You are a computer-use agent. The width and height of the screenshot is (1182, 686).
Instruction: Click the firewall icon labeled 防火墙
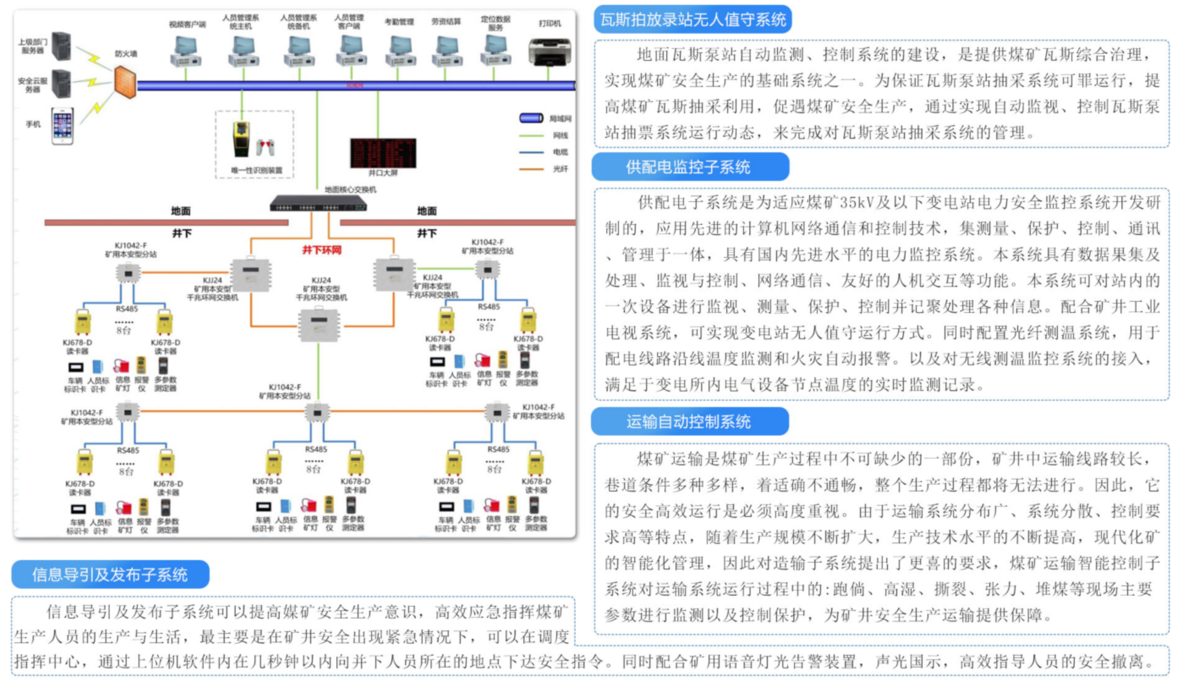(125, 82)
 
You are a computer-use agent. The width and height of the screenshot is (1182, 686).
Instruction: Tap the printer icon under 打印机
(549, 52)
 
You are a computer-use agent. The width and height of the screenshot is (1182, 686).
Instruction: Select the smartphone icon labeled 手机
(63, 126)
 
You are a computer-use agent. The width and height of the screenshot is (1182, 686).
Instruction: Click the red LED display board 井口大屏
(383, 152)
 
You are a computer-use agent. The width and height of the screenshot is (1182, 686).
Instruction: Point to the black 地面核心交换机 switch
(318, 204)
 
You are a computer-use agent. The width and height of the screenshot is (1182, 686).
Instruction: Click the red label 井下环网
(322, 250)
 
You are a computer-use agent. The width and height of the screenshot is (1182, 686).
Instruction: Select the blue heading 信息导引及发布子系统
(110, 574)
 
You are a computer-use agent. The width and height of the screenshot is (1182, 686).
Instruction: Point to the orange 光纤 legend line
(531, 169)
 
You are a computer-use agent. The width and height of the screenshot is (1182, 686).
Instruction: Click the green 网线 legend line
(531, 135)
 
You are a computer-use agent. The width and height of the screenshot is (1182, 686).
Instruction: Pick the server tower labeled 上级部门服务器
(61, 46)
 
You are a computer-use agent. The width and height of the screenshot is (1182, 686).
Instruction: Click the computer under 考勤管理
(400, 52)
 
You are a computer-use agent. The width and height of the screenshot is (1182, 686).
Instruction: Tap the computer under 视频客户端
(186, 52)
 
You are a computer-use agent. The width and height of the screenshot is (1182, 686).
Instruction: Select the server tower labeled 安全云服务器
(61, 83)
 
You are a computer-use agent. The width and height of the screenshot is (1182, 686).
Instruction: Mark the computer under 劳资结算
(447, 52)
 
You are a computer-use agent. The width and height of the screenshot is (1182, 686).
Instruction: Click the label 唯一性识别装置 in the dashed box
(256, 170)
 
